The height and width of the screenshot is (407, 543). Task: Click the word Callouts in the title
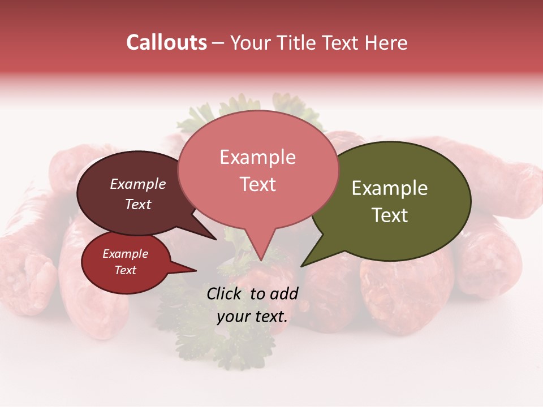coord(166,42)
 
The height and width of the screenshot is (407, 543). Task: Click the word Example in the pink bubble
coord(258,157)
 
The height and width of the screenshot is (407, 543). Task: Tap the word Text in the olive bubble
coord(390,215)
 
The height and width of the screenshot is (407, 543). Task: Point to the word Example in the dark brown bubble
coord(138,184)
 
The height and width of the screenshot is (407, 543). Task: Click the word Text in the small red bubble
coord(126,270)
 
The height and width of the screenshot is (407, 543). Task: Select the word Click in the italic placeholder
coord(225,293)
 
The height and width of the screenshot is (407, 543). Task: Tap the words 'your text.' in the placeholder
coord(252,317)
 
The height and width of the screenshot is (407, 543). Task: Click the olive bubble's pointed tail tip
coord(301,266)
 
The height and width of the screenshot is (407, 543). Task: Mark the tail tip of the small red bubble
coord(196,270)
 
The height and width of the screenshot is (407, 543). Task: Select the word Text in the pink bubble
coord(258,184)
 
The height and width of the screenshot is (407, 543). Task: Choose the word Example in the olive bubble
coord(390,188)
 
